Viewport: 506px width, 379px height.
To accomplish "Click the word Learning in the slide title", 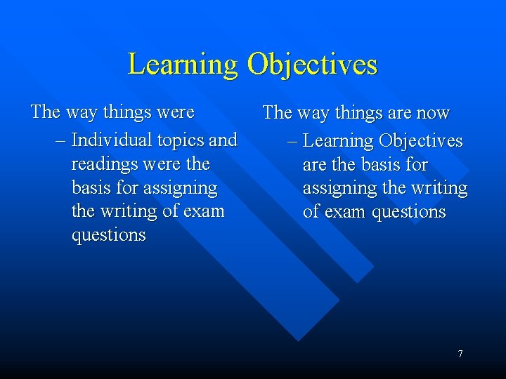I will pyautogui.click(x=183, y=65).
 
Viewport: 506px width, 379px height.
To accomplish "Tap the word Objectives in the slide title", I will pyautogui.click(x=312, y=65).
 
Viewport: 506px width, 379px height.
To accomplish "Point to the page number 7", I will pyautogui.click(x=460, y=354).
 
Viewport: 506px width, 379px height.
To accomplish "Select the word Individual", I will pyautogui.click(x=112, y=140).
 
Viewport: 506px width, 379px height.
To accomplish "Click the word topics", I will pyautogui.click(x=181, y=140).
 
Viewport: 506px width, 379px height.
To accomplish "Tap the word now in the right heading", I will pyautogui.click(x=433, y=113).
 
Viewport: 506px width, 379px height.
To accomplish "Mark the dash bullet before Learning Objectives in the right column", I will pyautogui.click(x=292, y=141).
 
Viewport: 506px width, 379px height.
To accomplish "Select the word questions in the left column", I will pyautogui.click(x=108, y=235).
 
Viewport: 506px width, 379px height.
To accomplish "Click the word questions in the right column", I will pyautogui.click(x=409, y=212).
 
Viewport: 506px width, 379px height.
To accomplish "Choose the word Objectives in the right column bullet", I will pyautogui.click(x=420, y=141).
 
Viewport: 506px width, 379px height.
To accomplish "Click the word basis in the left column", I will pyautogui.click(x=90, y=187).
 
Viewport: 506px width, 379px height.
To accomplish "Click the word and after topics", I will pyautogui.click(x=223, y=140).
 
